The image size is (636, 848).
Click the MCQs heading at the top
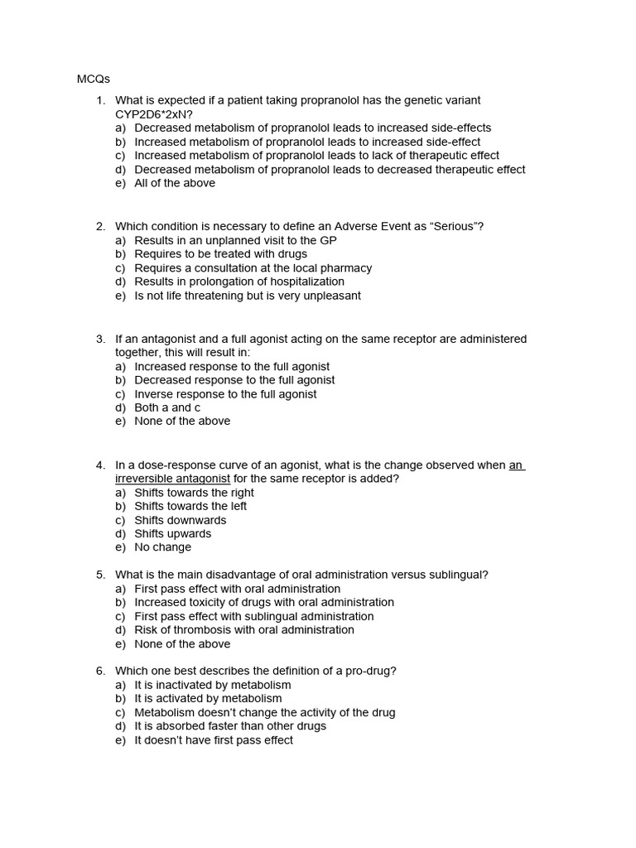94,79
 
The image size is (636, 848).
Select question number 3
100,339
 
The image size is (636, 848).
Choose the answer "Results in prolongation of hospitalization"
239,282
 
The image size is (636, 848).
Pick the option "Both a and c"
167,407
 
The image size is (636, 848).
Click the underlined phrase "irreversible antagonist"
172,479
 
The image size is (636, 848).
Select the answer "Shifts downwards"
180,520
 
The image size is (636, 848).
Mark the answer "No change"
162,547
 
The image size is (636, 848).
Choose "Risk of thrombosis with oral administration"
244,629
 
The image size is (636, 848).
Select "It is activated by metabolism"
208,698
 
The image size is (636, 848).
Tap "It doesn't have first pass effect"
214,740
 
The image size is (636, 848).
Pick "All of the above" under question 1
175,183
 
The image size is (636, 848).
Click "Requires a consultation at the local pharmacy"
253,268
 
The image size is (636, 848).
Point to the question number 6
100,671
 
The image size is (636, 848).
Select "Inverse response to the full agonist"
225,394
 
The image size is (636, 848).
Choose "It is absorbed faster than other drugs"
230,725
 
